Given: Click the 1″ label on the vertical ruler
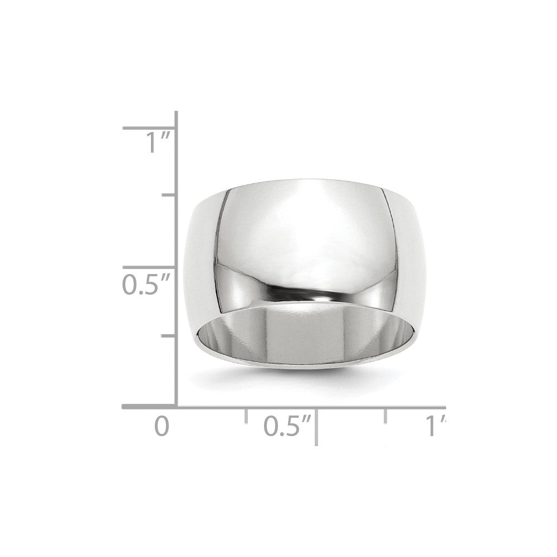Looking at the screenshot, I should [x=154, y=144].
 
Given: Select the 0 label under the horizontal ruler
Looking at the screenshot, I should [x=161, y=427].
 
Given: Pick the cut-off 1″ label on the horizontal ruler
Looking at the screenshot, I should [x=436, y=427].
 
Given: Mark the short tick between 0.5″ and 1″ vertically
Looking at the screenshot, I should [x=169, y=196].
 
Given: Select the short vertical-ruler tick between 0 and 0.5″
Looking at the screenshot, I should [x=169, y=336].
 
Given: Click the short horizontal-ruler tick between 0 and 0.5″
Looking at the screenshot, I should [x=246, y=415].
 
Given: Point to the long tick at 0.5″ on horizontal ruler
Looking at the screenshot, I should [x=316, y=426].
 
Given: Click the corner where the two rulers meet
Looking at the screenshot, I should [x=177, y=407].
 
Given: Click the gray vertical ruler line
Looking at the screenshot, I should [x=177, y=234].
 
